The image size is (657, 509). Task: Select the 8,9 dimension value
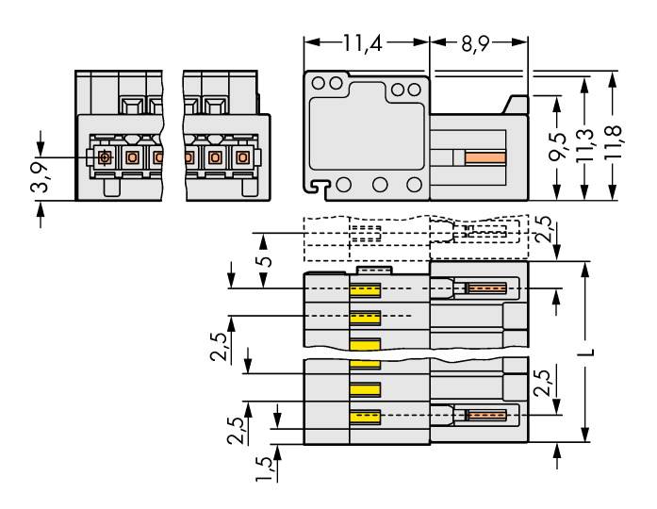477,42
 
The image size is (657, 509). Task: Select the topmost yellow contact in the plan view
366,289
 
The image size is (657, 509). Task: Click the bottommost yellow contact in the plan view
366,416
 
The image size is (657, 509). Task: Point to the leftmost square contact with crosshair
105,156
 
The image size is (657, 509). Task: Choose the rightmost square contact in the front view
242,156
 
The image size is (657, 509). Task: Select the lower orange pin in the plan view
486,415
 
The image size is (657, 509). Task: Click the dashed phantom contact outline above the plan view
365,232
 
